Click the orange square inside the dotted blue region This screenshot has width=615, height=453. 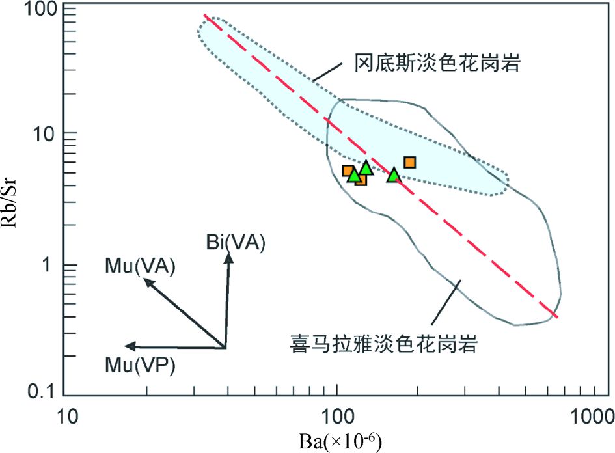point(409,163)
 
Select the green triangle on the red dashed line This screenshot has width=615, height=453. point(393,175)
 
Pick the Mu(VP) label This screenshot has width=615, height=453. point(140,365)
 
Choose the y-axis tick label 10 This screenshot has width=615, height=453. point(48,133)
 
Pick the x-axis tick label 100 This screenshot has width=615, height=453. point(337,414)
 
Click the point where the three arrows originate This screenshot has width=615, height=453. point(225,347)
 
